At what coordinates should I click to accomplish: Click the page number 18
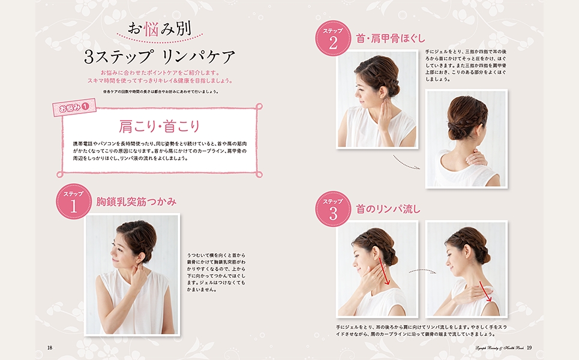point(50,347)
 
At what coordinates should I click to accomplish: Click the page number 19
point(529,347)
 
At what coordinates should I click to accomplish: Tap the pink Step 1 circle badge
point(73,202)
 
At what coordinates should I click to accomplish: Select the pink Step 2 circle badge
point(332,38)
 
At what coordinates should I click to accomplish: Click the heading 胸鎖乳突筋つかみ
point(136,202)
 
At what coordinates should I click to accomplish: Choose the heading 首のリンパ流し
point(388,209)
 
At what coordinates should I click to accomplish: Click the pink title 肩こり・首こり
point(159,127)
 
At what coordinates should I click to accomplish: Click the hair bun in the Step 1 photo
point(140,238)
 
